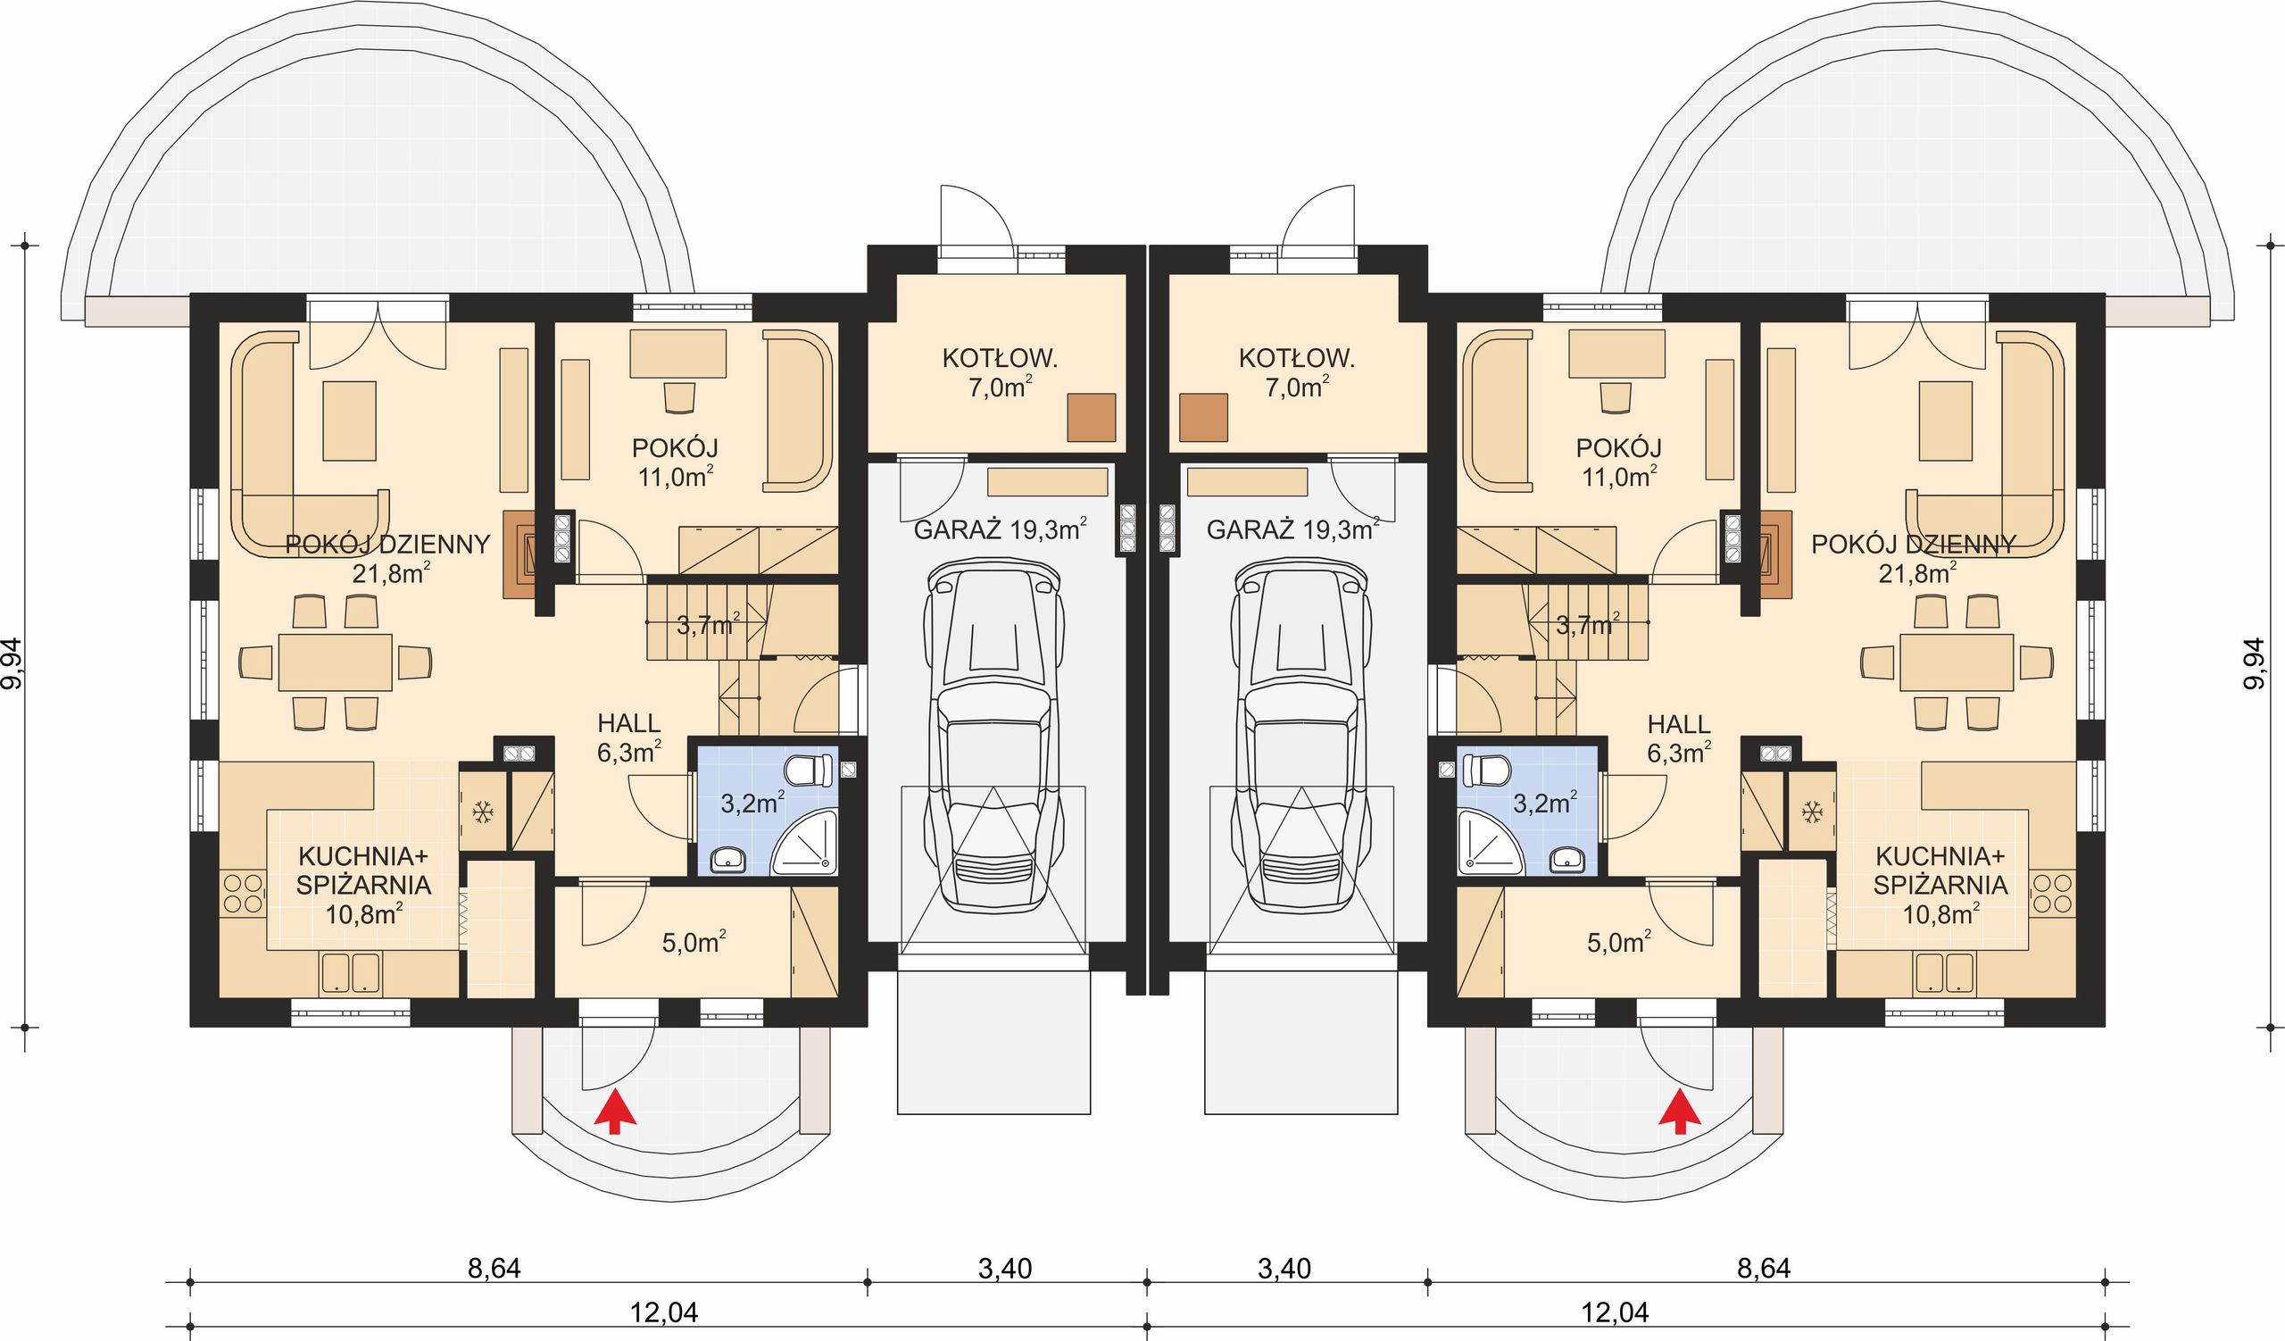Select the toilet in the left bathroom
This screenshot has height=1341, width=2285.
click(810, 770)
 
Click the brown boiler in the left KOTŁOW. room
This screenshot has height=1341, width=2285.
click(1092, 417)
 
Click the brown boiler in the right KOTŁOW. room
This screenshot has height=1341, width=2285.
click(1204, 417)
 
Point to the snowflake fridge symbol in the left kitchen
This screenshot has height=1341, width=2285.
click(482, 812)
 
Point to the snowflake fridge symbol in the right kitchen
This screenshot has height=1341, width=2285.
click(1812, 812)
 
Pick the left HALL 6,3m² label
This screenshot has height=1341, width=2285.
click(629, 737)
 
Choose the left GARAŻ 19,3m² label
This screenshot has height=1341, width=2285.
click(1001, 529)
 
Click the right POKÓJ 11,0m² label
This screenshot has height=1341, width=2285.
click(1618, 462)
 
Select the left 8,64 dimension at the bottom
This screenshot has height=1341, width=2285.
click(494, 1269)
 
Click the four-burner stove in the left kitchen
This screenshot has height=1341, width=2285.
click(242, 892)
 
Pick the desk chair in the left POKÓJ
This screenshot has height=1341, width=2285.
click(679, 396)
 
